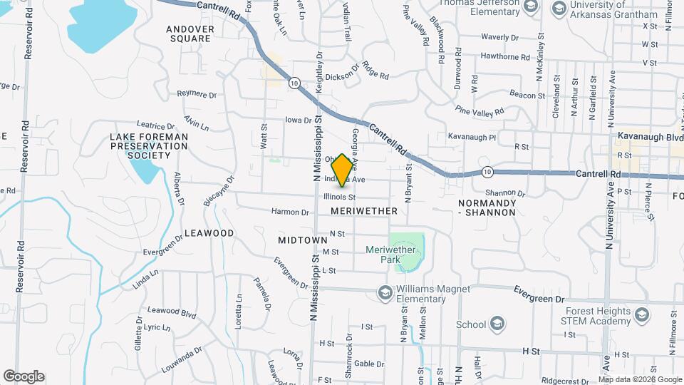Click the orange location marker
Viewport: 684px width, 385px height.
click(x=343, y=170)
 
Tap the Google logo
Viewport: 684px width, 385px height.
click(x=24, y=376)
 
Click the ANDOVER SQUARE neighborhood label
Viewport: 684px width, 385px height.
click(x=190, y=34)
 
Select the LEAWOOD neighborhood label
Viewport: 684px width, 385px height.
click(x=209, y=233)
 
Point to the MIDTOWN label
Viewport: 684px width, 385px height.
click(x=303, y=241)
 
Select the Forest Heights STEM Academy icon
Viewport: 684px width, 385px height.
click(x=641, y=314)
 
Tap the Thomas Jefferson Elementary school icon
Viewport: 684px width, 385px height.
click(x=529, y=6)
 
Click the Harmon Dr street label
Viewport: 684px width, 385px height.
click(x=290, y=212)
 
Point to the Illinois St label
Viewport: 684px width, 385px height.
click(x=339, y=196)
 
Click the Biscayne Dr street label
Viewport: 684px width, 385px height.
click(x=209, y=192)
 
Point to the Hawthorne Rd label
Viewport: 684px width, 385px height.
click(x=505, y=56)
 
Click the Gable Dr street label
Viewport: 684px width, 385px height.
click(x=369, y=364)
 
